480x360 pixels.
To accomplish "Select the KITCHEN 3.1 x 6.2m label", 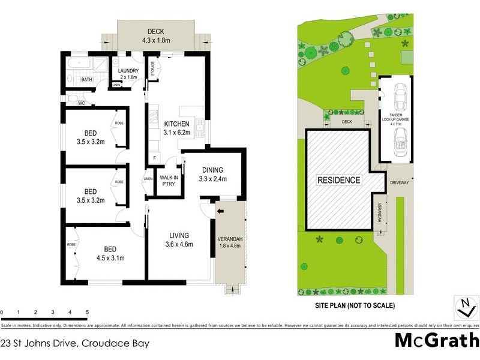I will pyautogui.click(x=176, y=128).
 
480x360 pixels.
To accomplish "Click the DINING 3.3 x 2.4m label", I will pyautogui.click(x=212, y=174).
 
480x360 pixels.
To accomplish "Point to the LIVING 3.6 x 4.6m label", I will pyautogui.click(x=179, y=239).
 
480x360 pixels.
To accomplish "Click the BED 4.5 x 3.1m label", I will pyautogui.click(x=110, y=253).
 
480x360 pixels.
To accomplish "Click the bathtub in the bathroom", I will pyautogui.click(x=79, y=64).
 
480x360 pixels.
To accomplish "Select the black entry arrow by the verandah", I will pyautogui.click(x=220, y=211).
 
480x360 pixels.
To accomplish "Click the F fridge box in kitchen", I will pyautogui.click(x=155, y=158).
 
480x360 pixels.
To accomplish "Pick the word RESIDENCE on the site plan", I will pyautogui.click(x=339, y=180).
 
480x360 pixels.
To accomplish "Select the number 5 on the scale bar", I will pyautogui.click(x=88, y=313).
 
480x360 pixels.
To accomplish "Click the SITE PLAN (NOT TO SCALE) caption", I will pyautogui.click(x=355, y=305).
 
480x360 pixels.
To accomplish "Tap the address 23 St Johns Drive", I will pyautogui.click(x=75, y=344).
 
